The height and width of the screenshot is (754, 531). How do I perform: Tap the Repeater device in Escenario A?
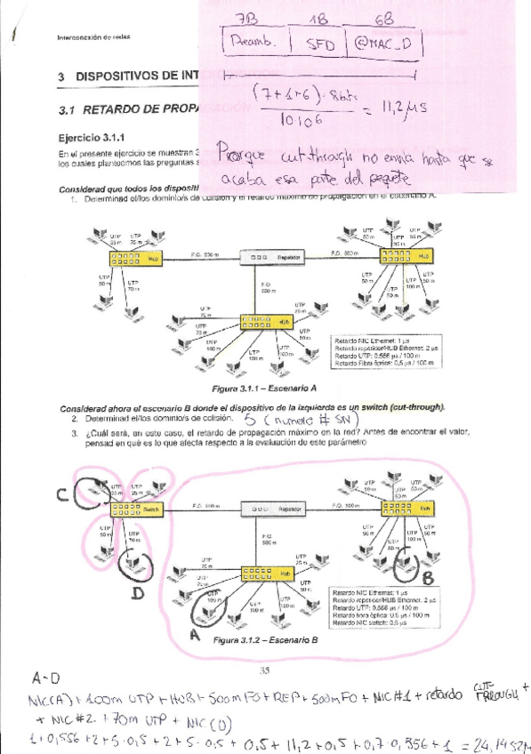point(271,257)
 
